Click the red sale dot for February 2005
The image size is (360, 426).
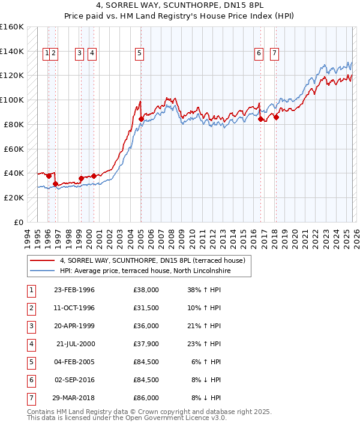(141, 119)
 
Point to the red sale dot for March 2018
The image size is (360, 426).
(276, 117)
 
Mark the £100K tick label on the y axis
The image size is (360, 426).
(12, 100)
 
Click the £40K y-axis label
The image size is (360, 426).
(14, 173)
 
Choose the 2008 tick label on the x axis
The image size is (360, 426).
(173, 236)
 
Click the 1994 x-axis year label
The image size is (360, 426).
(27, 236)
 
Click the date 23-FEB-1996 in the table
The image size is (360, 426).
(74, 290)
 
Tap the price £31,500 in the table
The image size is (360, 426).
(146, 308)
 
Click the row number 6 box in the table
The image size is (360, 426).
(31, 380)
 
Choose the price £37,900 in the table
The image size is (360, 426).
(146, 344)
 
